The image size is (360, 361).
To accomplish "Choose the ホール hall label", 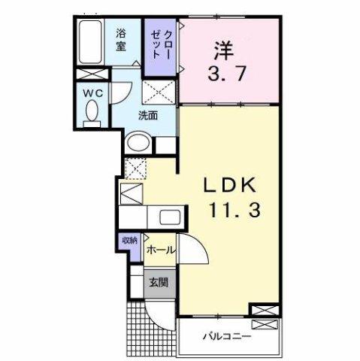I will (161, 250).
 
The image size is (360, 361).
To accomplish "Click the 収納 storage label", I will (129, 241).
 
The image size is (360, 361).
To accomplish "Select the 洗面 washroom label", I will (147, 116).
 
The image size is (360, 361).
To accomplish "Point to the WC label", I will (93, 93).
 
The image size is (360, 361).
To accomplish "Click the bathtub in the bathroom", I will (92, 44).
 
